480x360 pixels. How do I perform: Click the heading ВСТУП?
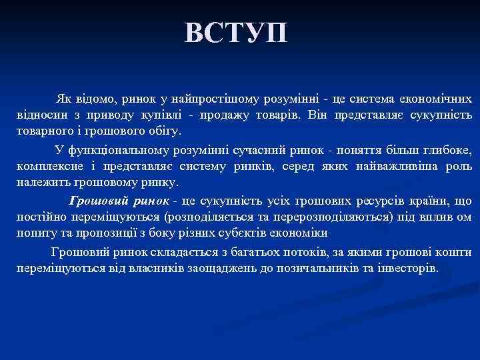[x=237, y=32]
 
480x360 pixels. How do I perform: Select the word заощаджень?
[x=173, y=269]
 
